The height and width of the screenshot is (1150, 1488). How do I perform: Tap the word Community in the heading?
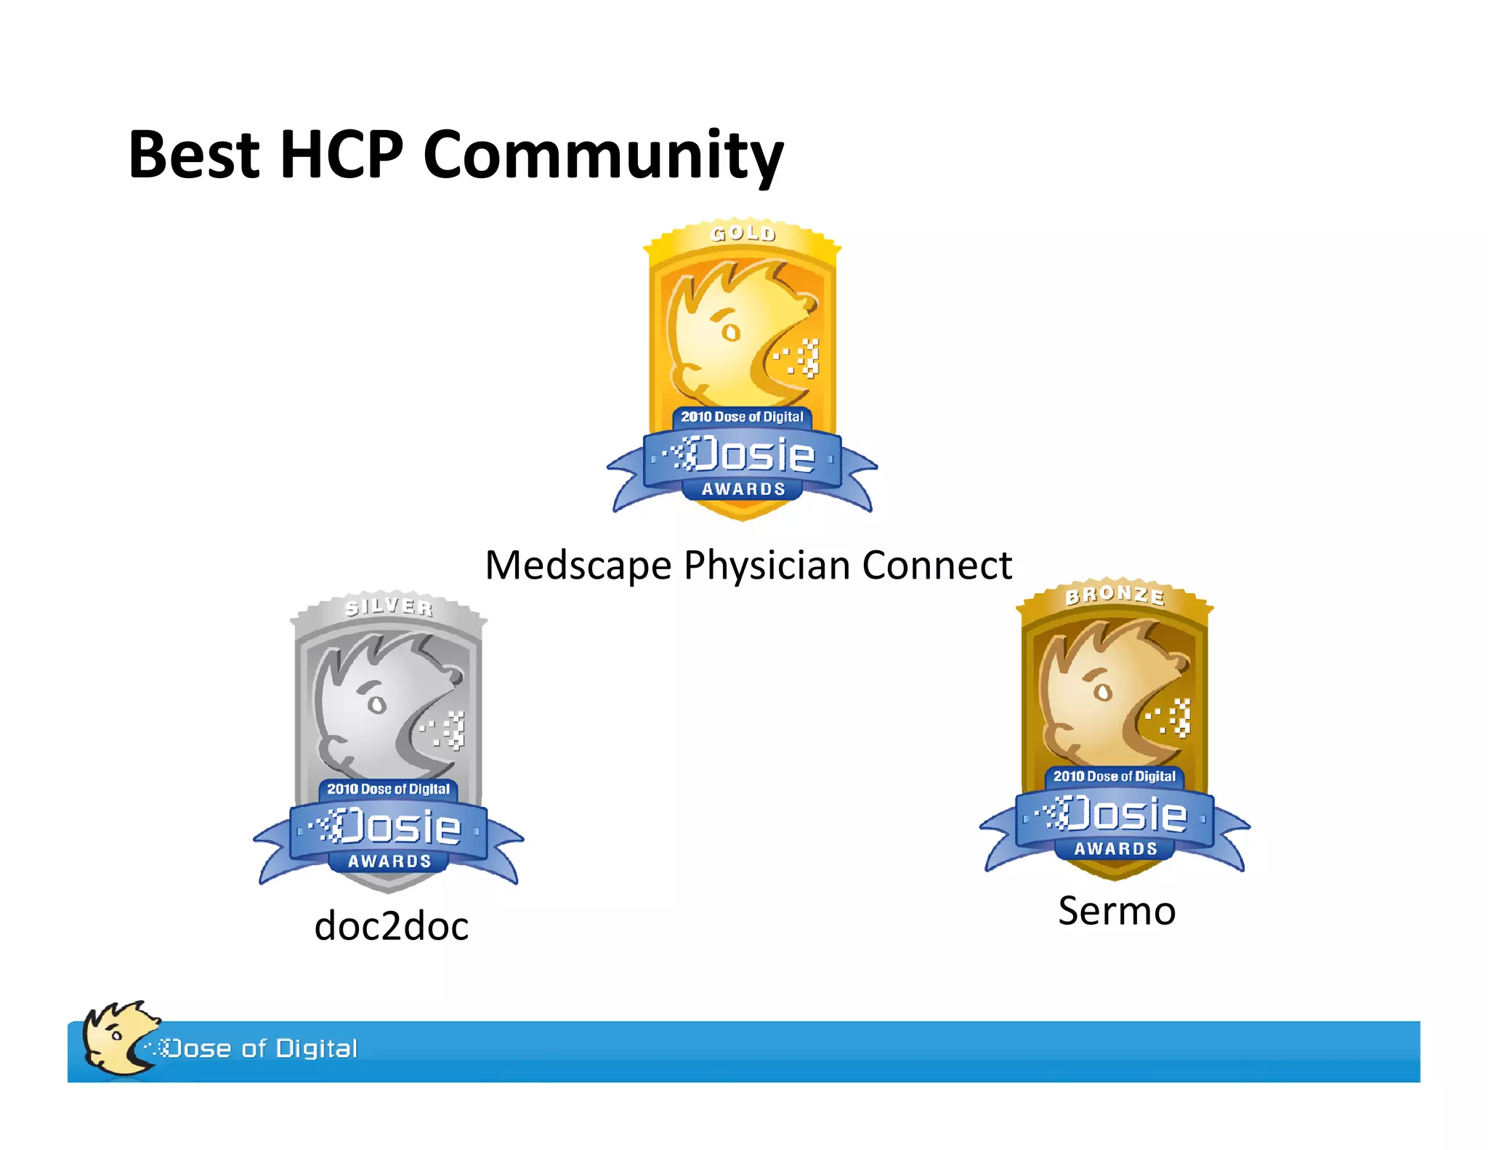[x=603, y=156]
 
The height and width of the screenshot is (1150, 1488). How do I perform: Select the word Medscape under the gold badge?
[x=578, y=566]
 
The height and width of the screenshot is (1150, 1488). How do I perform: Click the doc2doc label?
[x=391, y=926]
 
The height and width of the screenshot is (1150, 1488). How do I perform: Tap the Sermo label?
[x=1117, y=911]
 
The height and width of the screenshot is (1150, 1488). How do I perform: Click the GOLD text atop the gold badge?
[x=743, y=233]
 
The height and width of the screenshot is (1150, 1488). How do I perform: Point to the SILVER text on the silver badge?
[x=389, y=606]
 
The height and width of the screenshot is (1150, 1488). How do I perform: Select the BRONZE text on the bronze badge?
[x=1115, y=595]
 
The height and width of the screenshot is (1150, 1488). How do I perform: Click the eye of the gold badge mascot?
[x=730, y=332]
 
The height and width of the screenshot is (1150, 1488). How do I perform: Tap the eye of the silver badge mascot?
[x=376, y=704]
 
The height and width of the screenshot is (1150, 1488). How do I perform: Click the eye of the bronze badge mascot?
[x=1103, y=691]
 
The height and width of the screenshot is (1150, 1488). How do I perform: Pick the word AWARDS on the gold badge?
[x=743, y=489]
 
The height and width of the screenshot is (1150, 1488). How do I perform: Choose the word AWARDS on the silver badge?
[x=389, y=861]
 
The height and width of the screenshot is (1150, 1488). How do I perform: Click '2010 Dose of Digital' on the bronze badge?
[x=1115, y=776]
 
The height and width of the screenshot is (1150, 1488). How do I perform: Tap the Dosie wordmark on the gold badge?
[x=752, y=455]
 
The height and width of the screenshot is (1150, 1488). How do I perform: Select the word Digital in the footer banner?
[x=317, y=1048]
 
